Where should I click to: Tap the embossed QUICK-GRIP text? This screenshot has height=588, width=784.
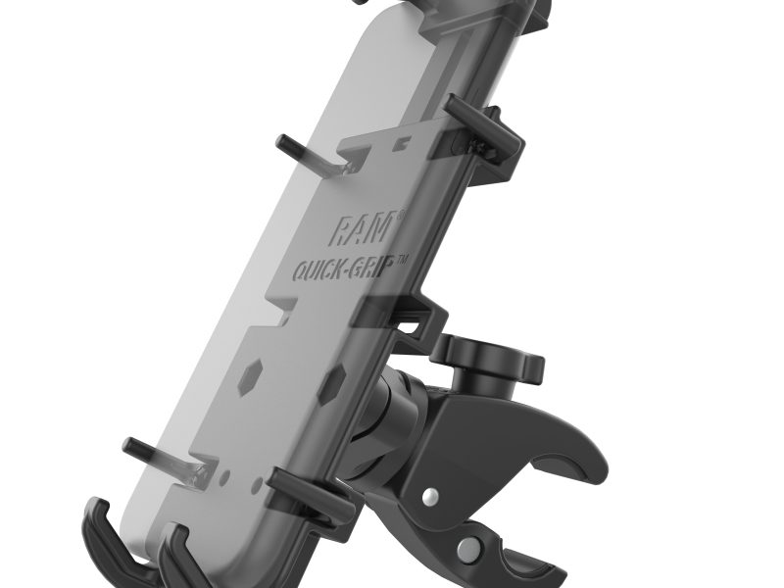point(351,269)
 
